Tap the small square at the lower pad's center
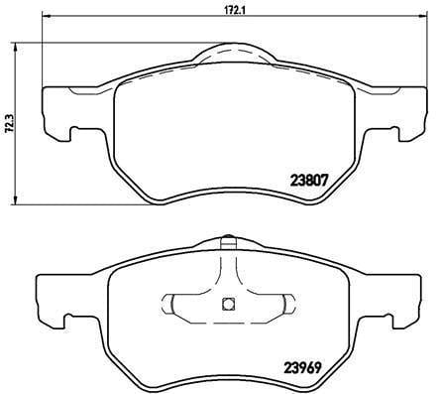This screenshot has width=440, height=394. [x=226, y=304]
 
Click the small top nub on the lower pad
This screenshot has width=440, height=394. [x=226, y=239]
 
